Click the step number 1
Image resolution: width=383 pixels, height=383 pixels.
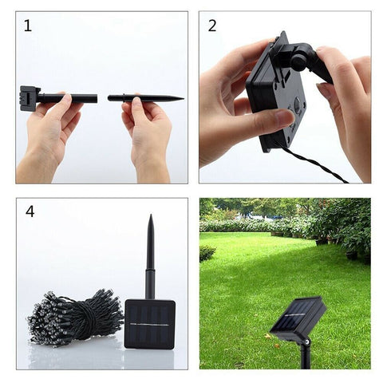pyautogui.click(x=29, y=26)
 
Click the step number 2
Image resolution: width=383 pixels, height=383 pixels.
pyautogui.click(x=212, y=26)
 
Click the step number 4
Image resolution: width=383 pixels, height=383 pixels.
pyautogui.click(x=30, y=211)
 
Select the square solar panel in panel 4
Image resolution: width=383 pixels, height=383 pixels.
pyautogui.click(x=149, y=324)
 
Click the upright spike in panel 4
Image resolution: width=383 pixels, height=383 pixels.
pyautogui.click(x=149, y=255)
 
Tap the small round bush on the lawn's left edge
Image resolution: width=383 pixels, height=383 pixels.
pyautogui.click(x=207, y=253)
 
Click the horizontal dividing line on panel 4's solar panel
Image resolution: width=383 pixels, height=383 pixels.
pyautogui.click(x=149, y=325)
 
